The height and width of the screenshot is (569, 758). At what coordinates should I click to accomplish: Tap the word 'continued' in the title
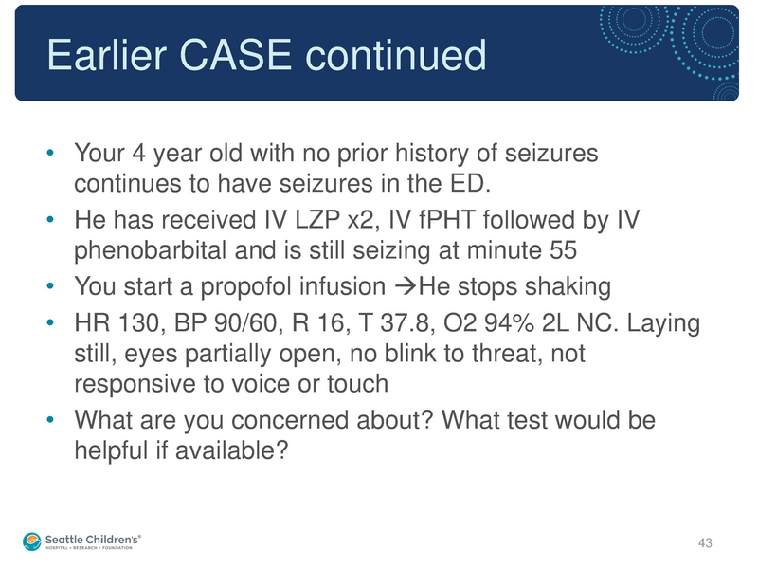pos(396,56)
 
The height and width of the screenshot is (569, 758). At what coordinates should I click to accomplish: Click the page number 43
pos(704,542)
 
